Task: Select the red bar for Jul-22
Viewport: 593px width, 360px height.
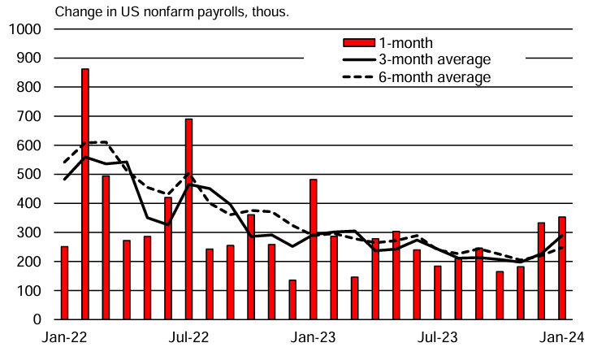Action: (188, 219)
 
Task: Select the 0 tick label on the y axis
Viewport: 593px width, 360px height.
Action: (37, 320)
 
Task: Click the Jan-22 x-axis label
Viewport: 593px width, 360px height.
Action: (65, 337)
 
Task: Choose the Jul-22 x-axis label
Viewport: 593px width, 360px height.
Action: (189, 337)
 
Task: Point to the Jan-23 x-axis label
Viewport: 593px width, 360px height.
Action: (314, 337)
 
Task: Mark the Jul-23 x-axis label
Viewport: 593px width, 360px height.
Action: (438, 337)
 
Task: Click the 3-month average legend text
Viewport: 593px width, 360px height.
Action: (435, 59)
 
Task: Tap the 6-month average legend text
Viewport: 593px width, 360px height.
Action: (435, 77)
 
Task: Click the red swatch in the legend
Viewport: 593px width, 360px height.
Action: (357, 42)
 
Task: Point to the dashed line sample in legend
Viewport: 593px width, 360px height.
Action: (357, 77)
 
